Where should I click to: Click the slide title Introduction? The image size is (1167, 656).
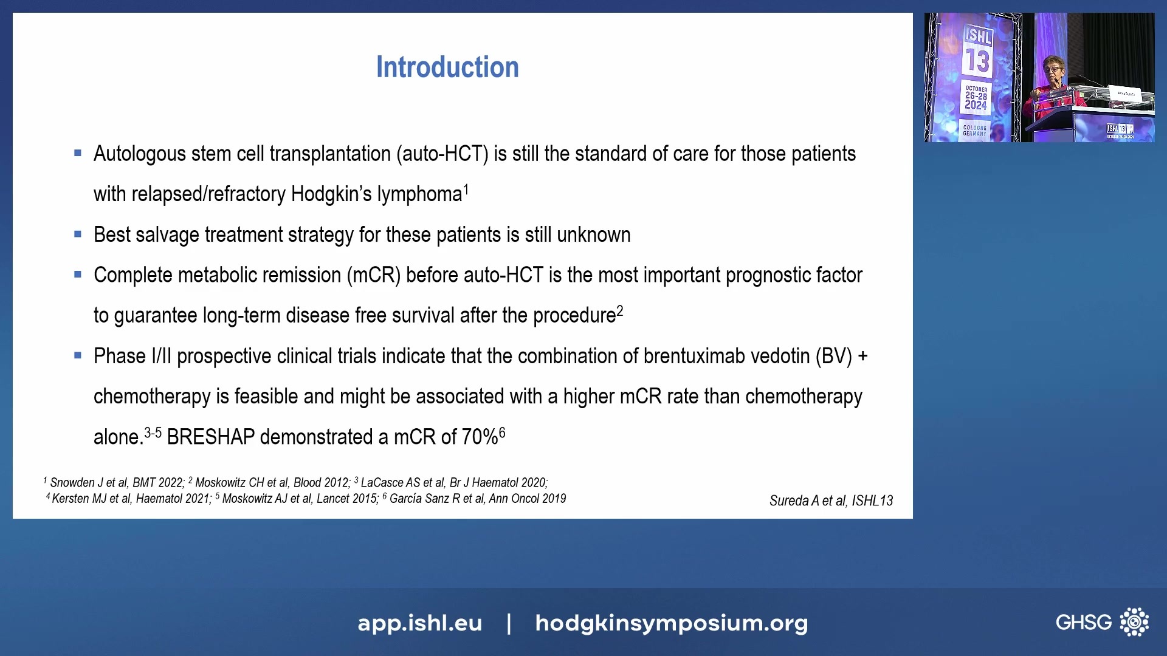pyautogui.click(x=447, y=67)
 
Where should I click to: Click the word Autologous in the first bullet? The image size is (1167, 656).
pyautogui.click(x=139, y=154)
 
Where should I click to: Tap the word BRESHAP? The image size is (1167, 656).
pyautogui.click(x=210, y=437)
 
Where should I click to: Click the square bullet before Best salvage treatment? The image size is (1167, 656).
pyautogui.click(x=78, y=234)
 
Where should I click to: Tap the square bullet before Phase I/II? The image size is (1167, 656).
pyautogui.click(x=78, y=355)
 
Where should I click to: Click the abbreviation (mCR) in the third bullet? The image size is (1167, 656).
pyautogui.click(x=373, y=276)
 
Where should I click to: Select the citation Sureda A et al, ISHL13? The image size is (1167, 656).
pyautogui.click(x=831, y=501)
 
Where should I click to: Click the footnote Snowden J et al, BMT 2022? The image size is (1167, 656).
pyautogui.click(x=116, y=483)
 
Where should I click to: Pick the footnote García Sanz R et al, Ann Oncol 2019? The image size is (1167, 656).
pyautogui.click(x=477, y=499)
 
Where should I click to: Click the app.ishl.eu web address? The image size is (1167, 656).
pyautogui.click(x=419, y=623)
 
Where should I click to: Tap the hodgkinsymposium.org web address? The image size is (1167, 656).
pyautogui.click(x=671, y=623)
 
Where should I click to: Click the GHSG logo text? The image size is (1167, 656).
pyautogui.click(x=1083, y=622)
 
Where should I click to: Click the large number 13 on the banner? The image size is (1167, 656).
pyautogui.click(x=977, y=61)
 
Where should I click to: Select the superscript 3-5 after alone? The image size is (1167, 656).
pyautogui.click(x=153, y=433)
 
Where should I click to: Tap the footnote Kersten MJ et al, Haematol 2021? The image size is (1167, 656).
pyautogui.click(x=131, y=499)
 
